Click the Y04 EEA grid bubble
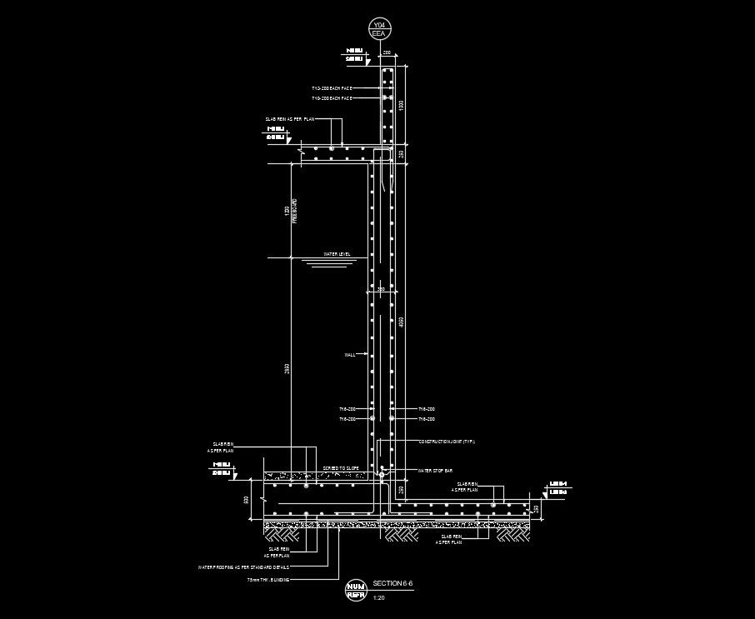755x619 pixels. coord(379,29)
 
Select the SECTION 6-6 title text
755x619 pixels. coord(392,583)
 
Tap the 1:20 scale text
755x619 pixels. coord(379,597)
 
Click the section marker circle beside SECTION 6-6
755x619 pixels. coord(355,590)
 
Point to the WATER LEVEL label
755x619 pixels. coord(337,254)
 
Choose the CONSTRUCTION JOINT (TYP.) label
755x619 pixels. coord(446,442)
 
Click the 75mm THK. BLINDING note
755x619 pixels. coord(268,579)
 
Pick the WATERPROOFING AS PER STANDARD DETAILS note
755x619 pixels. coord(243,567)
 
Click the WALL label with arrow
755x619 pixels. coord(349,354)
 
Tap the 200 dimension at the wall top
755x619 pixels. coord(387,52)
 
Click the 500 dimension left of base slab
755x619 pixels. coord(246,500)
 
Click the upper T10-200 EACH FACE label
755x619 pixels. coord(332,87)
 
